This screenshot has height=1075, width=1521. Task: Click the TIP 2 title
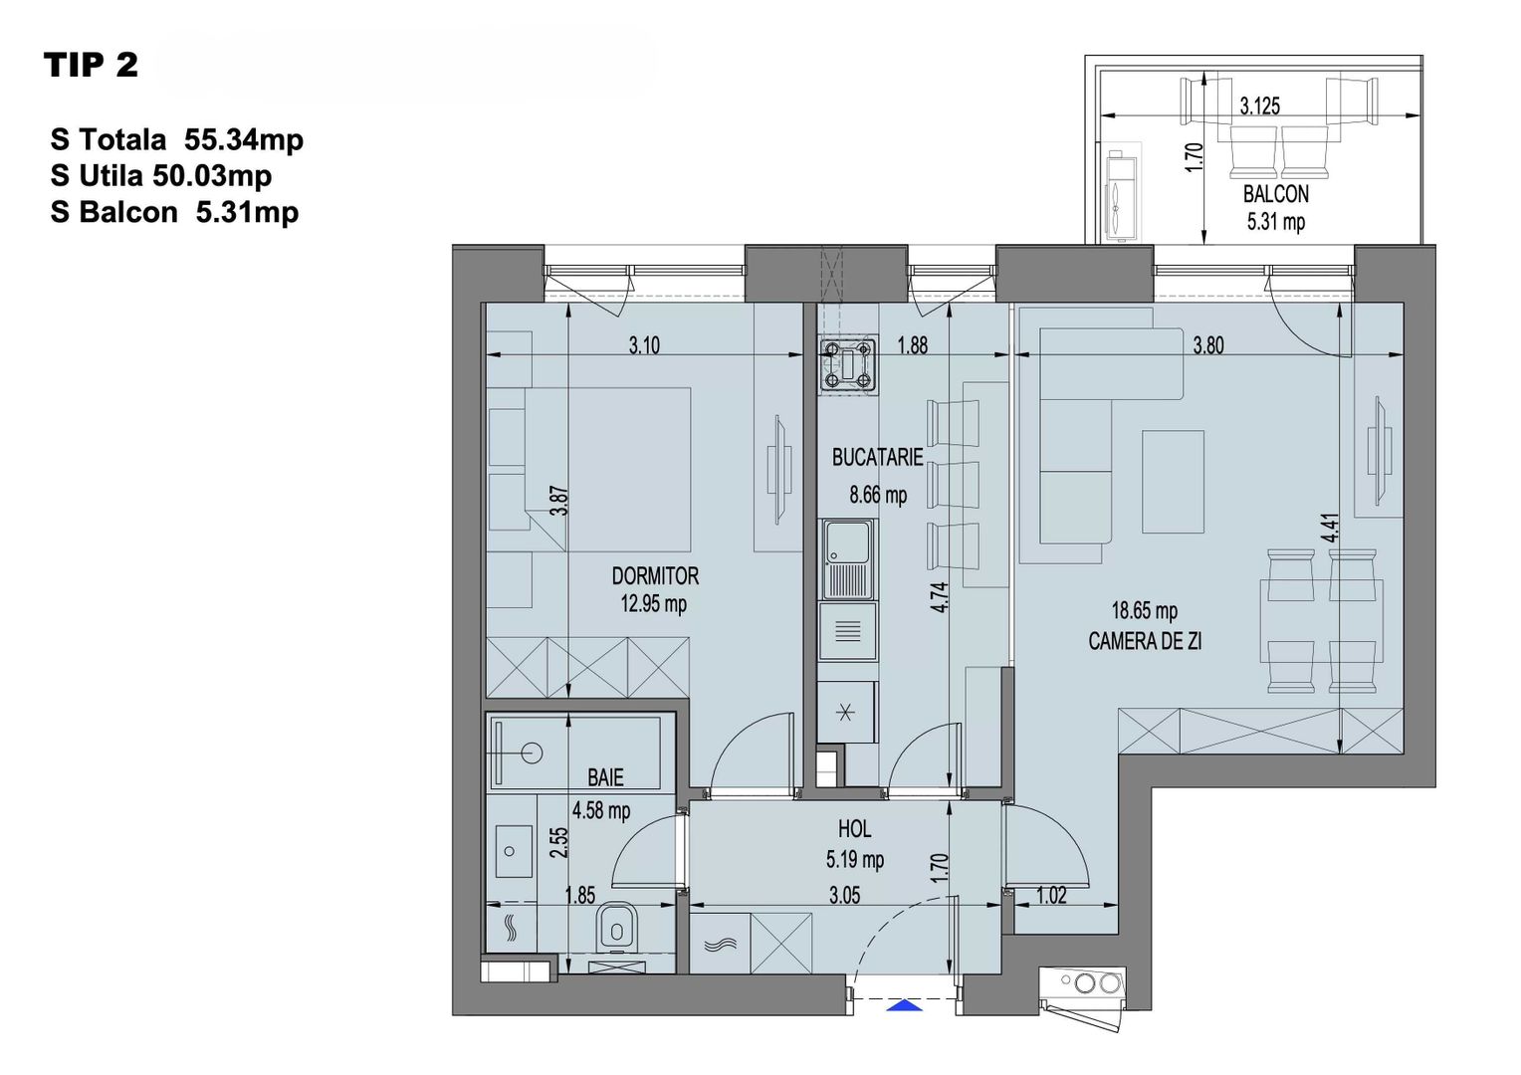point(91,66)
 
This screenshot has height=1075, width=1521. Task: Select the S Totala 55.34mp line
point(177,139)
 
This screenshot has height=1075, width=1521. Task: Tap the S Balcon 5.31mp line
point(174,212)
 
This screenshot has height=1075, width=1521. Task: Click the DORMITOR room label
point(654,575)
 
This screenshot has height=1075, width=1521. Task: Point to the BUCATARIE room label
point(877,457)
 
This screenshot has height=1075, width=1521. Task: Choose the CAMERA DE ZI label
point(1145,641)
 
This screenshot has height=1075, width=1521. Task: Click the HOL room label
point(854,828)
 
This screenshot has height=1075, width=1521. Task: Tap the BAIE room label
point(605,777)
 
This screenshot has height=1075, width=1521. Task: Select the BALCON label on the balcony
point(1275,194)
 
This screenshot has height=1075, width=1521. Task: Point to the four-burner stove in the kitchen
point(847,363)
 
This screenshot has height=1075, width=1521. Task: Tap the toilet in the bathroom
point(617,929)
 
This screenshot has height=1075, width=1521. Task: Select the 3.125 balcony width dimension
point(1259,106)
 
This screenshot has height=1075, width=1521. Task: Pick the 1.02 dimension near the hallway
point(1051,895)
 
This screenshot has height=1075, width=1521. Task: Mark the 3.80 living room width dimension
point(1207,345)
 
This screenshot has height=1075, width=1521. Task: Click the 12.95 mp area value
point(654,603)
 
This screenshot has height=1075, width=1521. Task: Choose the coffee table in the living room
point(1173,481)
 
